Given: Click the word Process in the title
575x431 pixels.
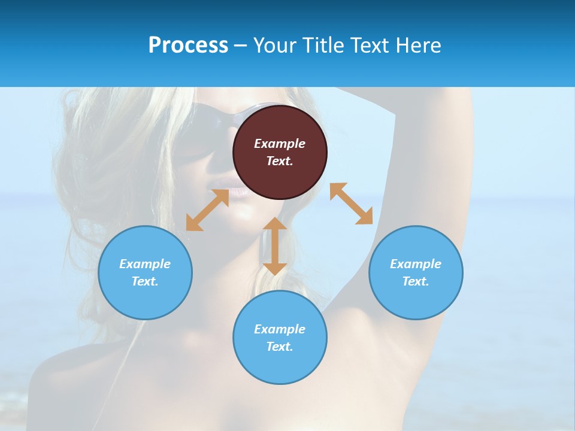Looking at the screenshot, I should (188, 45).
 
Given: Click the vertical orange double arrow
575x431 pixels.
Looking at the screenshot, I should (275, 246).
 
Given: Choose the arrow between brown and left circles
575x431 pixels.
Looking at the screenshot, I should (207, 210).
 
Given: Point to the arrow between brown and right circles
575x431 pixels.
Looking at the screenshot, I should (351, 204).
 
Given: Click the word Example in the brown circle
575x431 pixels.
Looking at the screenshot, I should (280, 144).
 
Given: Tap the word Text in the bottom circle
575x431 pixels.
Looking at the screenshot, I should (280, 347).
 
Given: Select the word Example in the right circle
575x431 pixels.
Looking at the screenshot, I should (416, 264).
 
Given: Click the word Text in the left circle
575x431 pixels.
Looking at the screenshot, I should (145, 281).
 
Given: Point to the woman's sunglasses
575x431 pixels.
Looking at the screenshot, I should (210, 120).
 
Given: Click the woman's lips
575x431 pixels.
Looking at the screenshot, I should (238, 190).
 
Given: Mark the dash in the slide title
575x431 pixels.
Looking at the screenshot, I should (241, 46).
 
